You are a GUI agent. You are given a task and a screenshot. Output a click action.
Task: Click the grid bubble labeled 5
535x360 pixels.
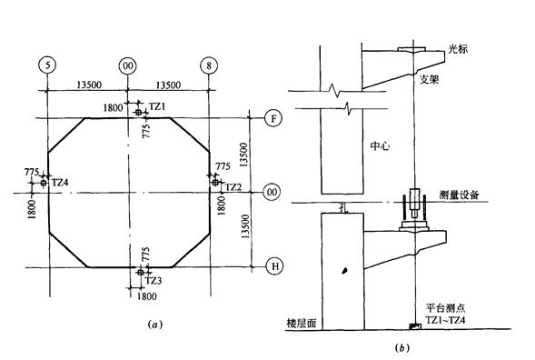tap(45, 66)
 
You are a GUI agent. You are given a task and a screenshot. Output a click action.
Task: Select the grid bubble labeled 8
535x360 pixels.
tap(210, 66)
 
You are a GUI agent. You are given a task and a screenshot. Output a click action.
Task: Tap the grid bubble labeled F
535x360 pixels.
tap(270, 119)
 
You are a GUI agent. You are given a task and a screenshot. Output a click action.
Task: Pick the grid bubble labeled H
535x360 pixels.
tap(270, 266)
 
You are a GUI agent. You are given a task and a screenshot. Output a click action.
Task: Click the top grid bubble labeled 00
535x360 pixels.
tap(128, 66)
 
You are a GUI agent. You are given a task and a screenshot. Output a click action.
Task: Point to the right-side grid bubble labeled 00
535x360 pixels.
tap(270, 193)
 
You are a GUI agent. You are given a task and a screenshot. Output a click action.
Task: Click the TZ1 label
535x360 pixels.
tap(158, 107)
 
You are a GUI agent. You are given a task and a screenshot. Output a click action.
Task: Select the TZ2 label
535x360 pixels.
tap(233, 186)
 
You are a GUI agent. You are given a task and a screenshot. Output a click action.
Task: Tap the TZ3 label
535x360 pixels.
tap(154, 280)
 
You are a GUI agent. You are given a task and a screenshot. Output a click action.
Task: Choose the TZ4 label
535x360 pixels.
tap(60, 183)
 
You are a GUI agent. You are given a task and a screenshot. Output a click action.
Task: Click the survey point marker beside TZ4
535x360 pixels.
tap(42, 183)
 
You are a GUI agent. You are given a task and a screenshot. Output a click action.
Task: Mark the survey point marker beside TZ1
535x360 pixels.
tap(138, 113)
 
